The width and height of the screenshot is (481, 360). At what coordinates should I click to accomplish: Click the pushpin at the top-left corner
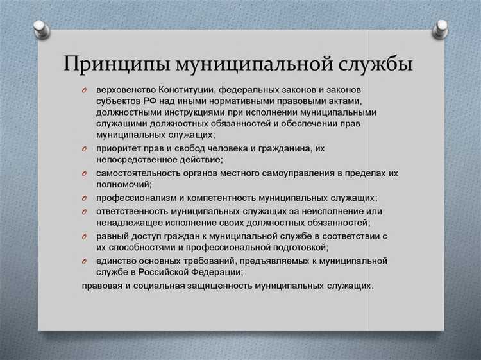click(x=40, y=28)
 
